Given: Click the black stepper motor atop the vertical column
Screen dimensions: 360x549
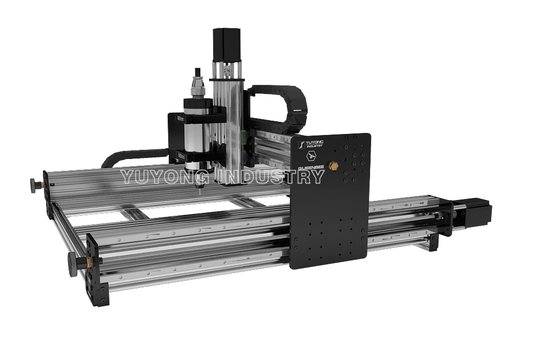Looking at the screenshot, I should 226,43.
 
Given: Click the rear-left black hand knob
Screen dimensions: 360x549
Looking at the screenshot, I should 35,185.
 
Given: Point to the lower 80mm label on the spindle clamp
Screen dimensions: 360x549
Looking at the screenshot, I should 180,154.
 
